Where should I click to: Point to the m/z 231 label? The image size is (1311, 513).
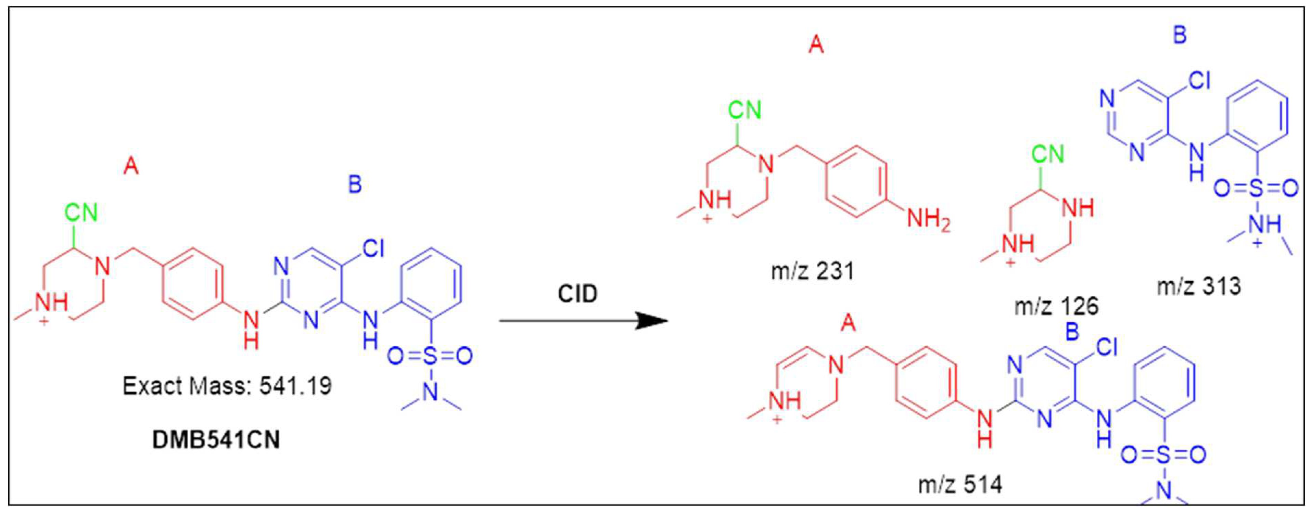pyautogui.click(x=813, y=271)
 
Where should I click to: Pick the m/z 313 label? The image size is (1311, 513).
pyautogui.click(x=1199, y=286)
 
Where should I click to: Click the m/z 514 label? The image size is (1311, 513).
pyautogui.click(x=960, y=485)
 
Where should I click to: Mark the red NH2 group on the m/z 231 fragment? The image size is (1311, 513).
pyautogui.click(x=929, y=221)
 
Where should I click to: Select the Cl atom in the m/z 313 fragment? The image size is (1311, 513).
pyautogui.click(x=1199, y=80)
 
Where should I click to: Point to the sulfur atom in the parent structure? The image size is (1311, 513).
pyautogui.click(x=430, y=356)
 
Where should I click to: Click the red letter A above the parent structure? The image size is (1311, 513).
pyautogui.click(x=131, y=166)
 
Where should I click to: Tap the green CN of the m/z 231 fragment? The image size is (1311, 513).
pyautogui.click(x=744, y=110)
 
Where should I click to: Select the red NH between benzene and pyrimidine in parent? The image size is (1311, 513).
pyautogui.click(x=251, y=328)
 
